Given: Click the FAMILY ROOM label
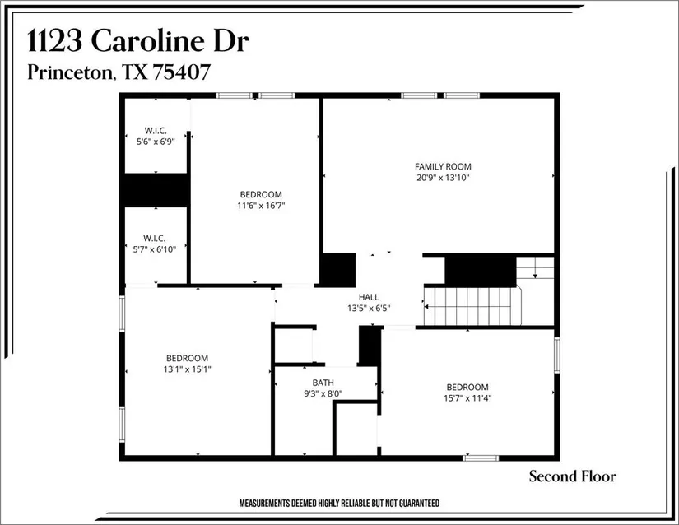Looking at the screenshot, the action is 443,166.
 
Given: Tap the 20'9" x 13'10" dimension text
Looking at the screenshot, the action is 443,178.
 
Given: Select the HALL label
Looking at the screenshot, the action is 369,297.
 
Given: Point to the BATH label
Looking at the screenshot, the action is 323,383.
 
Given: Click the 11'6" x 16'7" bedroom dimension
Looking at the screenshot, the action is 261,206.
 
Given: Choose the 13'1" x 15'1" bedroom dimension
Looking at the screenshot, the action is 187,369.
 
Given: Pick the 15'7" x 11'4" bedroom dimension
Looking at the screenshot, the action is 467,398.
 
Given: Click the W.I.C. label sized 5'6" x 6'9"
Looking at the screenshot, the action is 156,130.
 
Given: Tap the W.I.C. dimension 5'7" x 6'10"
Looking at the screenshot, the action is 155,249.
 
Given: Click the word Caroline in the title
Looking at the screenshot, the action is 147,41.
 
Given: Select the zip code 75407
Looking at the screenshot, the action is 181,72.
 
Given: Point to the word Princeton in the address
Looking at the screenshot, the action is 71,72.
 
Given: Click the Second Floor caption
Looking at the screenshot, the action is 573,476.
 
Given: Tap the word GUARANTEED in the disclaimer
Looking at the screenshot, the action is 419,503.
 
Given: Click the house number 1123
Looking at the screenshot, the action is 55,41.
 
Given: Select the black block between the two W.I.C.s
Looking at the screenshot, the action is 156,190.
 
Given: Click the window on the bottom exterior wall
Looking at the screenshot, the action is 481,458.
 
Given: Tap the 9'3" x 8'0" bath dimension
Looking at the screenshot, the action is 323,394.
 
